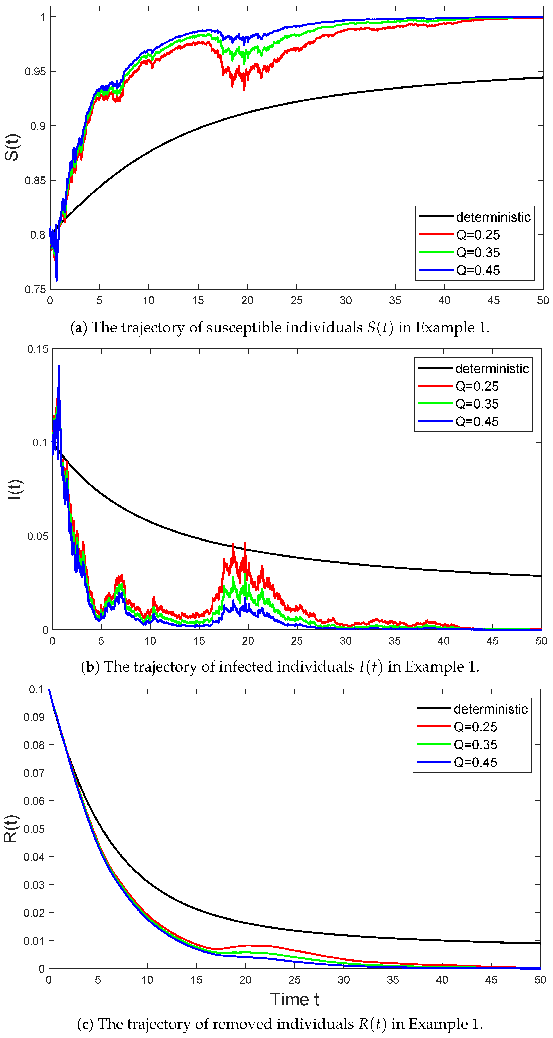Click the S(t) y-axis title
tap(12, 147)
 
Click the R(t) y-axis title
tap(11, 829)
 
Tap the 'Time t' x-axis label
tap(294, 999)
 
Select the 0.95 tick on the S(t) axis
tap(35, 72)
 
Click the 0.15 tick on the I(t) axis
tap(37, 349)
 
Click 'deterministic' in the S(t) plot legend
tap(493, 217)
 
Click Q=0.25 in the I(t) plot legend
tap(477, 386)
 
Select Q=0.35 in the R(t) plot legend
tap(475, 745)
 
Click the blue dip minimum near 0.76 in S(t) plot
tap(56, 280)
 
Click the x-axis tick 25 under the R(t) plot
tap(294, 980)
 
